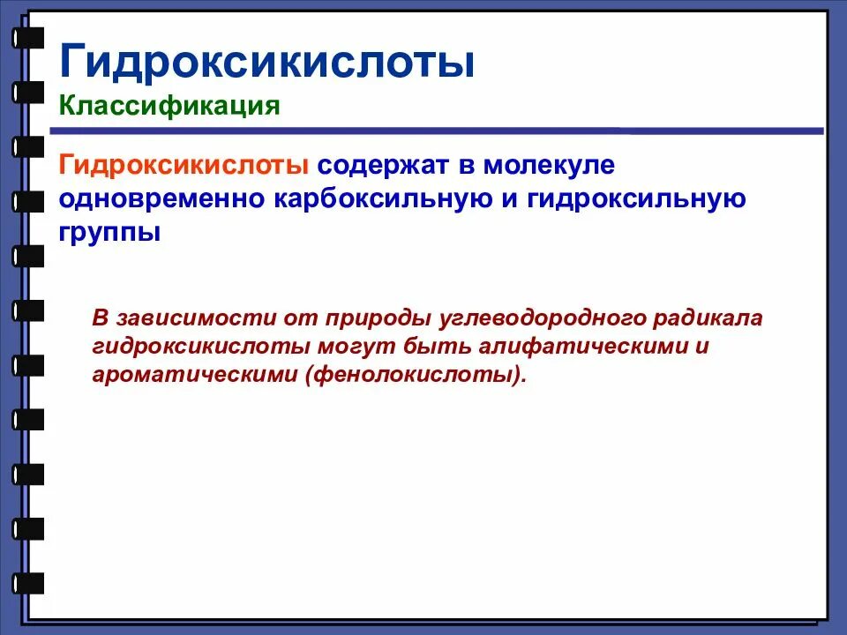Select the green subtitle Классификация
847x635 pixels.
pos(169,107)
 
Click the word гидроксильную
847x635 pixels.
pos(636,199)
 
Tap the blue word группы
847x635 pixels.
pos(110,233)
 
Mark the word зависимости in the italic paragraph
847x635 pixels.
pos(182,317)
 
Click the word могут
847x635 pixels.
pos(327,346)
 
